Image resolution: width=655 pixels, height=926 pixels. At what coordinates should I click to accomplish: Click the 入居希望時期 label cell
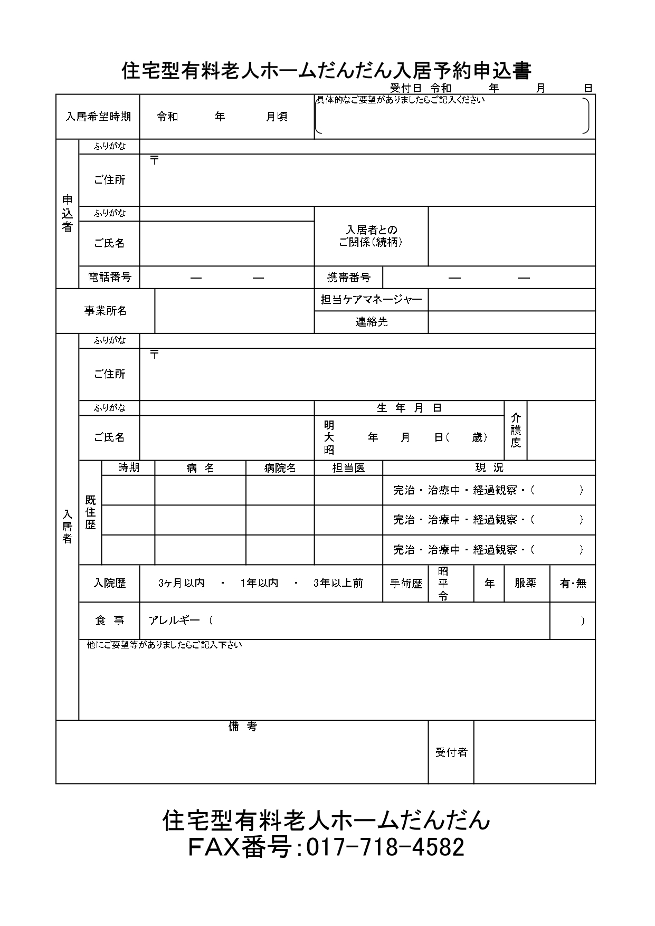(x=98, y=117)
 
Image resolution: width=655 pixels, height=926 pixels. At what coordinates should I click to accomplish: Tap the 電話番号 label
(x=110, y=277)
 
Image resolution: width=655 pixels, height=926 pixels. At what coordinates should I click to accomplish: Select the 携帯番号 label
(x=348, y=278)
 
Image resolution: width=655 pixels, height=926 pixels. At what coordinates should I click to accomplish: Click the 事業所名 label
(x=106, y=311)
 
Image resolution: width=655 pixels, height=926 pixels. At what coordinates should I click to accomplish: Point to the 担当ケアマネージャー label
(x=371, y=300)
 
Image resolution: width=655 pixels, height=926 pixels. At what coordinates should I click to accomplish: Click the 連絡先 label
(x=371, y=321)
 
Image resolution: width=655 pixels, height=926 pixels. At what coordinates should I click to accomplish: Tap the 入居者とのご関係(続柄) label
(x=371, y=236)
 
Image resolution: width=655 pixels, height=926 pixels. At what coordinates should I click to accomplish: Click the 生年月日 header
(x=409, y=408)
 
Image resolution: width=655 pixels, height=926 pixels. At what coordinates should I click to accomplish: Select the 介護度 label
(x=516, y=431)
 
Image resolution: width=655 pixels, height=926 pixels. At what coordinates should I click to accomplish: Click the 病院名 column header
(x=280, y=468)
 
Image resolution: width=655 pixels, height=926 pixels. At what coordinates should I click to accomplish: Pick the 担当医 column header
(x=348, y=468)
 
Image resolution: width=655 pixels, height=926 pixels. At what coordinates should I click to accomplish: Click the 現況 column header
(x=489, y=467)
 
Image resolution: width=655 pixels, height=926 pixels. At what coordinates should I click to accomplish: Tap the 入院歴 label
(x=110, y=583)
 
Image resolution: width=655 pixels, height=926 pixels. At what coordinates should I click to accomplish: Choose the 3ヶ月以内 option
(x=182, y=583)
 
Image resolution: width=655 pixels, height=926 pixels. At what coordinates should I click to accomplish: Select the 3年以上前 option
(x=338, y=583)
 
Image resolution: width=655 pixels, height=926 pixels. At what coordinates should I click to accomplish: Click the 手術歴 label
(x=406, y=583)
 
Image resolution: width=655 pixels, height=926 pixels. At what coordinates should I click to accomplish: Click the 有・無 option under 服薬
(x=573, y=583)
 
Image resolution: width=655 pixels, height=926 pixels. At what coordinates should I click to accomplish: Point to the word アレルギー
(x=174, y=620)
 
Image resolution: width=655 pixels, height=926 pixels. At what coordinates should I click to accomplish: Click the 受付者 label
(x=451, y=752)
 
